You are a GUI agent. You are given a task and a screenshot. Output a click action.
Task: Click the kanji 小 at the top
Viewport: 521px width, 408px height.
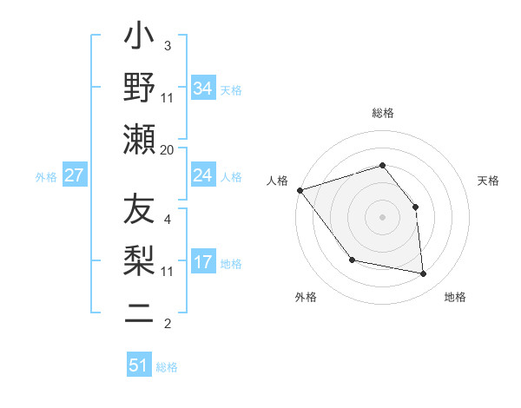click(139, 39)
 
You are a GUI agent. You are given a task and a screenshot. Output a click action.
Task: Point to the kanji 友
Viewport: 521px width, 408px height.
click(139, 211)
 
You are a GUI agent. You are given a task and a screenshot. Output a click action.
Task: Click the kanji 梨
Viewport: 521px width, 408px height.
click(139, 260)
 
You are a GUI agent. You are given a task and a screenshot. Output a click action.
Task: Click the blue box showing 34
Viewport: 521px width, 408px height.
click(203, 89)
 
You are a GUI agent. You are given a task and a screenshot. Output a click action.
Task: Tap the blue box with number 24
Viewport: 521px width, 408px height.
click(203, 175)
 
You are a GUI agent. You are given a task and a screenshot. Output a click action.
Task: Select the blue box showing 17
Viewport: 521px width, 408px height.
click(203, 262)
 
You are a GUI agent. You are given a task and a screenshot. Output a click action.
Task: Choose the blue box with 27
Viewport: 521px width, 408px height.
click(75, 175)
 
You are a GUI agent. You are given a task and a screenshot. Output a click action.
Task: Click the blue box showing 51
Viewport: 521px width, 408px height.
click(139, 365)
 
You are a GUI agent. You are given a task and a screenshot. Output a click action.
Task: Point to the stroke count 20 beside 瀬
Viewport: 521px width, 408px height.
click(167, 149)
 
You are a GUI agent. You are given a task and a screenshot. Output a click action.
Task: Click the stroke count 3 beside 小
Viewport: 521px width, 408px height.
click(168, 45)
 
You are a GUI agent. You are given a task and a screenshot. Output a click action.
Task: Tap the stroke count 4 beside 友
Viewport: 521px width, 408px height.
click(168, 219)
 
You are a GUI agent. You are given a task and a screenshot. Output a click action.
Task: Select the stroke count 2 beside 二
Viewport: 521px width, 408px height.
click(168, 325)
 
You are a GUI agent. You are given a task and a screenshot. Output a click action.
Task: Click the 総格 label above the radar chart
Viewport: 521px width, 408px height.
click(383, 113)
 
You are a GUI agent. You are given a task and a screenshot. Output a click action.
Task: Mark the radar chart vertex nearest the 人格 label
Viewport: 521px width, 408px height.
click(300, 190)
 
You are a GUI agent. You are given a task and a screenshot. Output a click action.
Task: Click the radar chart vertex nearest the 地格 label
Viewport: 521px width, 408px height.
click(423, 273)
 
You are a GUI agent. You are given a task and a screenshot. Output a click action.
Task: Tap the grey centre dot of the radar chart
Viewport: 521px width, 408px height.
click(383, 217)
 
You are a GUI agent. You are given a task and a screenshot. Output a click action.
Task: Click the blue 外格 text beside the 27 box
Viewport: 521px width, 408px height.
click(46, 177)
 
